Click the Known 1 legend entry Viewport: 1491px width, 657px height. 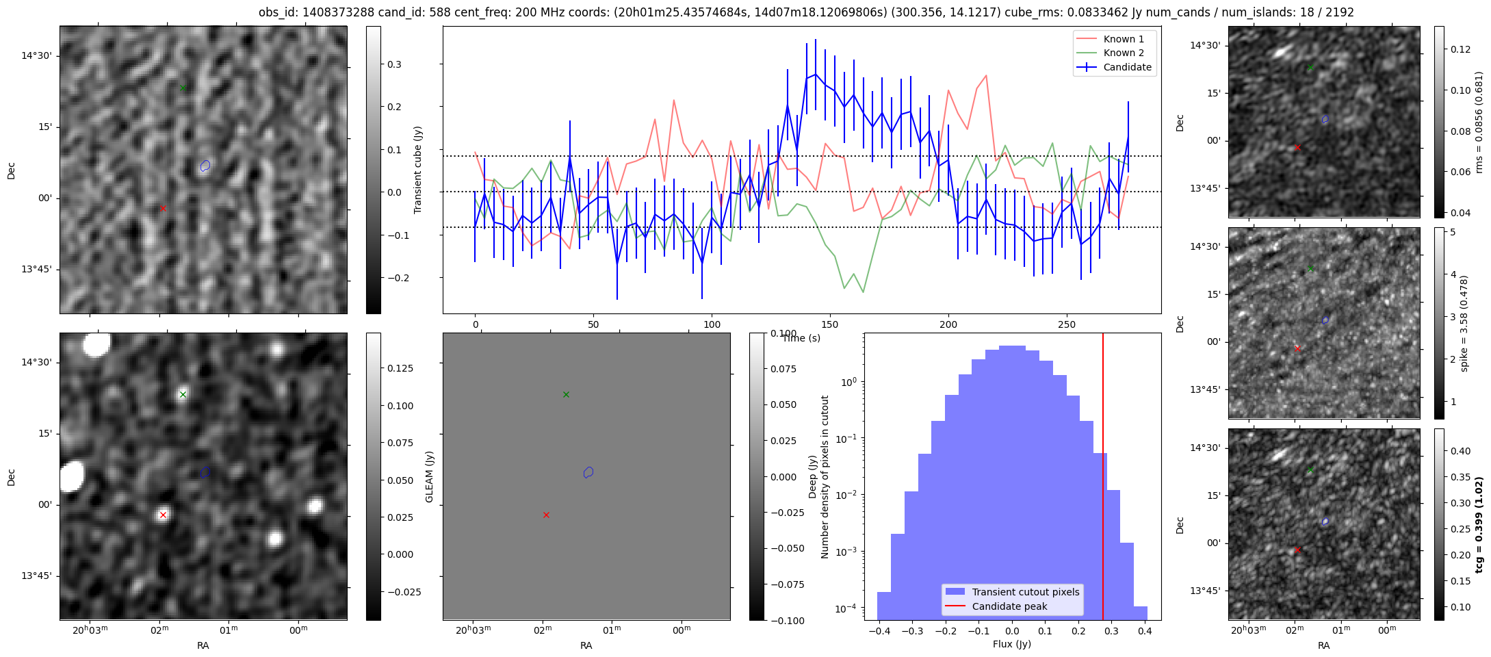pos(1124,39)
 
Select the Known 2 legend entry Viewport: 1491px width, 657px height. pos(1124,53)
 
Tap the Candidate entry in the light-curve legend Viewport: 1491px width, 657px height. pos(1127,67)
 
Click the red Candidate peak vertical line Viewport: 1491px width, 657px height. pos(1103,479)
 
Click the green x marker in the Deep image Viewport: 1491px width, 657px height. pos(183,394)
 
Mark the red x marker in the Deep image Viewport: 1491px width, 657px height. pos(163,515)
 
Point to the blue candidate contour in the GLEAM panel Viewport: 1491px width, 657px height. pos(588,472)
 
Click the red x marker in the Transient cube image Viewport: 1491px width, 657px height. pos(163,208)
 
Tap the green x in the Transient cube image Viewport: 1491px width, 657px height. pos(183,88)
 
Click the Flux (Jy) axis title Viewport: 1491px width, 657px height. pos(1011,644)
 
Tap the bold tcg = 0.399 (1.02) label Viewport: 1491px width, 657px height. pos(1479,524)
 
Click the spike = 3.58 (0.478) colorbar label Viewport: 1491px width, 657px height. pos(1464,323)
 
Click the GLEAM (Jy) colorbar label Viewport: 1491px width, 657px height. pos(430,476)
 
